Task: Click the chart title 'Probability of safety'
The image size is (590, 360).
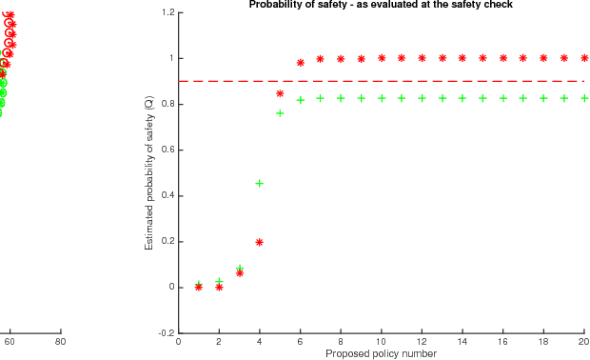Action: click(381, 5)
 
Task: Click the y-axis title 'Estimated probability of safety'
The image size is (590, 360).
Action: click(149, 172)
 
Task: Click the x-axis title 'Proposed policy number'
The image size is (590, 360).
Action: click(381, 353)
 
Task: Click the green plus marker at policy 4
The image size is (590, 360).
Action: click(260, 183)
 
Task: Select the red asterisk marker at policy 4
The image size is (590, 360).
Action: click(260, 242)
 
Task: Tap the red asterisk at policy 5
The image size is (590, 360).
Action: click(280, 93)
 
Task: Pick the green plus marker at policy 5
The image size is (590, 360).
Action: click(280, 113)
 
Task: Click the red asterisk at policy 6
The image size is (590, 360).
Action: click(301, 63)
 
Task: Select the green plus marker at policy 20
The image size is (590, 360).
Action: click(584, 98)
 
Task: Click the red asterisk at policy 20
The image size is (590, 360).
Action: click(584, 58)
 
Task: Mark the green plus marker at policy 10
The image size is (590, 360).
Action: click(382, 98)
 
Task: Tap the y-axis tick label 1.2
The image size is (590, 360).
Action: click(167, 12)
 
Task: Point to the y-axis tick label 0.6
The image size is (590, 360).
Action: click(167, 150)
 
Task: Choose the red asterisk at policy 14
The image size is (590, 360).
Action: click(462, 58)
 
